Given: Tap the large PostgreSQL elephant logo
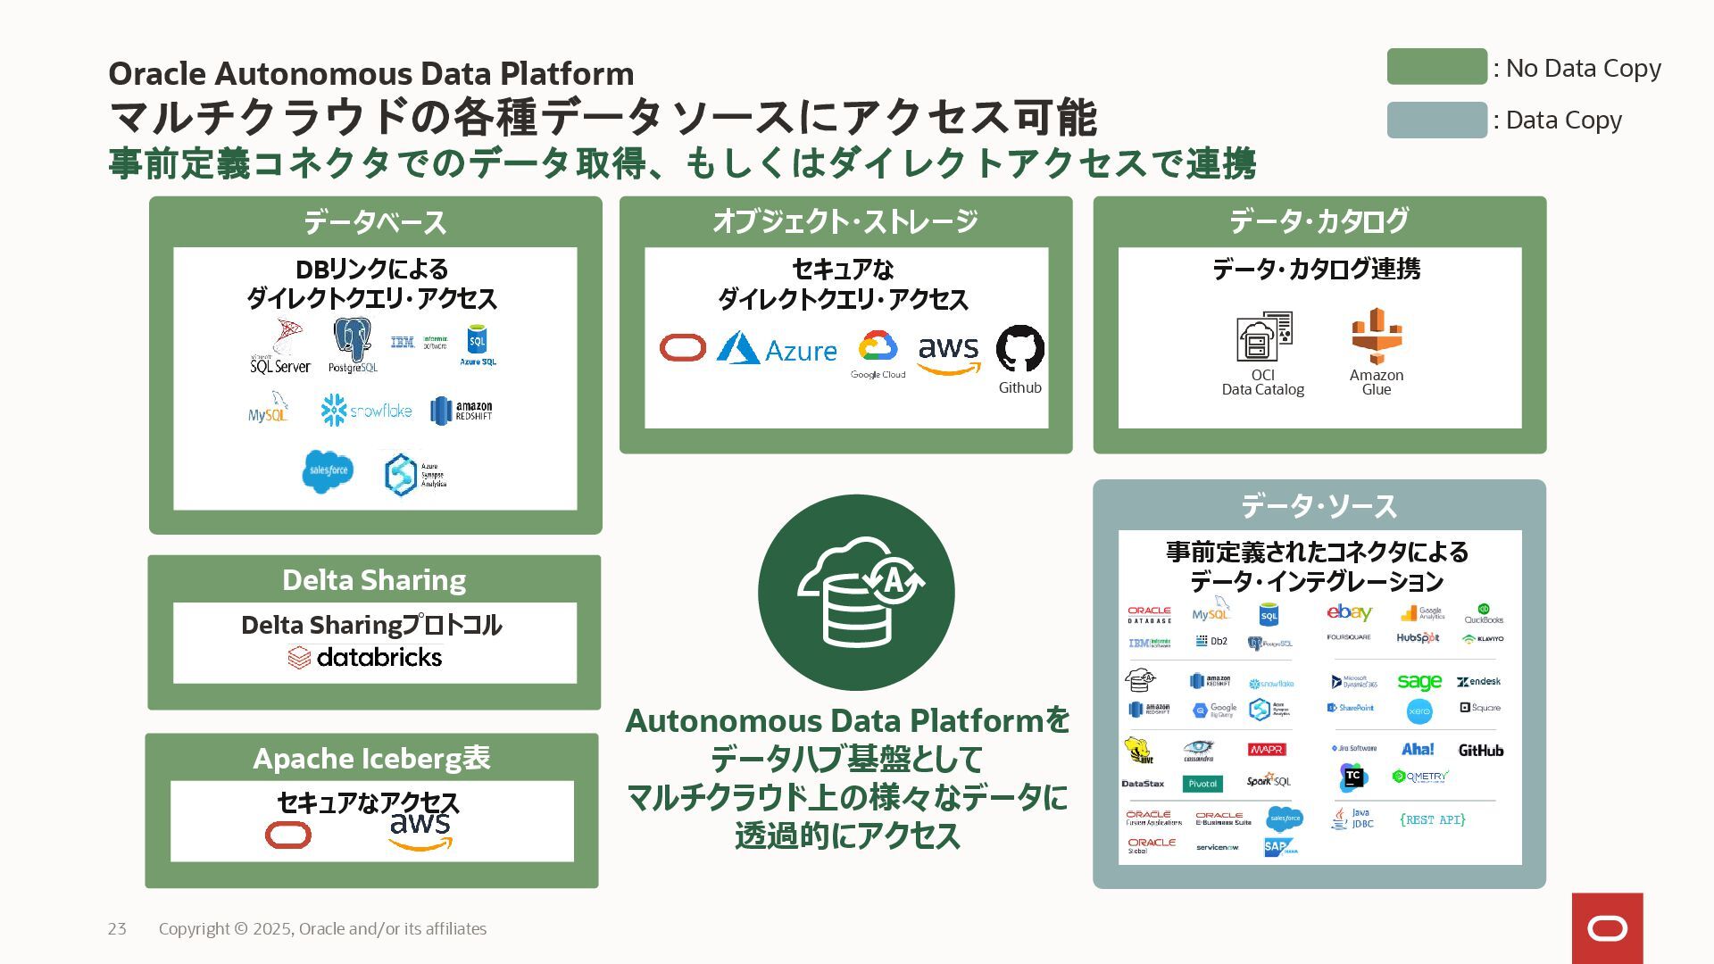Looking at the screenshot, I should (x=353, y=345).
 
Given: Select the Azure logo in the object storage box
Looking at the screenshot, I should (x=777, y=349).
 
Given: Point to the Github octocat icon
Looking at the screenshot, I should (x=1019, y=348).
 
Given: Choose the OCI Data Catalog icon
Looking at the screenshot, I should (x=1263, y=337).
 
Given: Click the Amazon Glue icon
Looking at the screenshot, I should (x=1376, y=337).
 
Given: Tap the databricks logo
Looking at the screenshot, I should (x=365, y=658).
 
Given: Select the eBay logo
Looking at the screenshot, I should (x=1349, y=612).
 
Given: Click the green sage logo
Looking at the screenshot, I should (x=1419, y=682).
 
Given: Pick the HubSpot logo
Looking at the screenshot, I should (x=1418, y=638).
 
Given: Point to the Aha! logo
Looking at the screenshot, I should (x=1418, y=750).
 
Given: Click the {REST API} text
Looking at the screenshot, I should (x=1432, y=819).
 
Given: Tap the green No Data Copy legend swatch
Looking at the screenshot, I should (x=1436, y=67).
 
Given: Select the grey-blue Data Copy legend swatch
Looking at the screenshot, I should (x=1436, y=120).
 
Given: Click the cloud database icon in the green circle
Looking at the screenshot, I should (x=856, y=592).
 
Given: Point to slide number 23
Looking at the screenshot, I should (x=117, y=929).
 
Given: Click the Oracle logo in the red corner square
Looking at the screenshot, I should (x=1607, y=929).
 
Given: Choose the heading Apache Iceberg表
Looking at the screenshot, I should (x=371, y=759).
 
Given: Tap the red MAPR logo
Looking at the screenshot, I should (x=1267, y=750).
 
